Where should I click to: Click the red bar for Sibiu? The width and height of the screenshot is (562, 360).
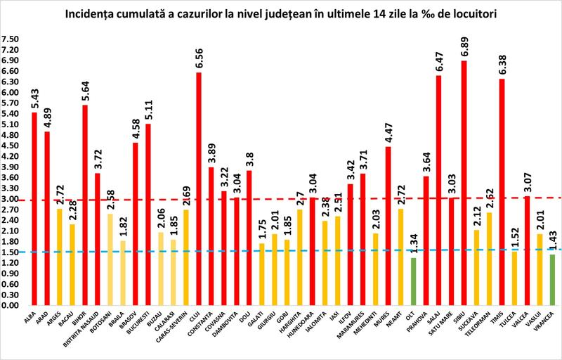[464, 183]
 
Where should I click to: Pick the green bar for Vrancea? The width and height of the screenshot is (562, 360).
[551, 280]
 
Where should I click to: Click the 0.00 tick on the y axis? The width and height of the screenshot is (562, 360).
[11, 305]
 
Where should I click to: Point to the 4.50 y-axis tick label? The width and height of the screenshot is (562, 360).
[11, 146]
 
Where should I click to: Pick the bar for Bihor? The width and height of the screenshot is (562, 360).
[85, 205]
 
